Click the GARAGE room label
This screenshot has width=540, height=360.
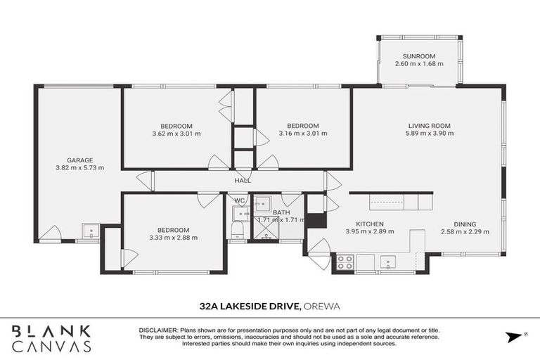point(79,160)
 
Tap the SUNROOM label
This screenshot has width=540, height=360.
point(419,56)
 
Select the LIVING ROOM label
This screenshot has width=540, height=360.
point(429,126)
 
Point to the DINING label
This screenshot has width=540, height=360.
point(464,224)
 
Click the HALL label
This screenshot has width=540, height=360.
point(243,180)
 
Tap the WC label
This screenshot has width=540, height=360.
point(239,200)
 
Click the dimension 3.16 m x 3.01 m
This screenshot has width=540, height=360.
point(303,134)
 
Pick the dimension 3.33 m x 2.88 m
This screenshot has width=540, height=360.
point(173,238)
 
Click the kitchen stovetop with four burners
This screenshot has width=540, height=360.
point(345,262)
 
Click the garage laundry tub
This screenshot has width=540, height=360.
point(89,231)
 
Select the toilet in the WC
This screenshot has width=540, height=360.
point(238,229)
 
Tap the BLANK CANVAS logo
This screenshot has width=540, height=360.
point(51,338)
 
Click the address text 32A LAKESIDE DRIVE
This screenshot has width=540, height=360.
point(250,305)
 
